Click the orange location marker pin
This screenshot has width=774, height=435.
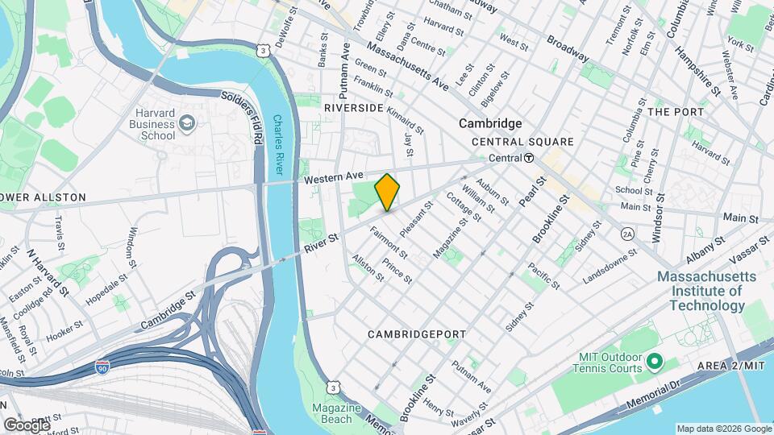pos(388,192)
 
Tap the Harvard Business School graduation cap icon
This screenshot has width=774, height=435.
pos(187,123)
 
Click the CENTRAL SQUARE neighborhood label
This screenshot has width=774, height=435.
pos(522,142)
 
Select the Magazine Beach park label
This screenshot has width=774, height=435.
pos(336,413)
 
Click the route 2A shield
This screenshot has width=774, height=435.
pos(627,234)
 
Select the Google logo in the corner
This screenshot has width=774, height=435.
pos(27,425)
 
